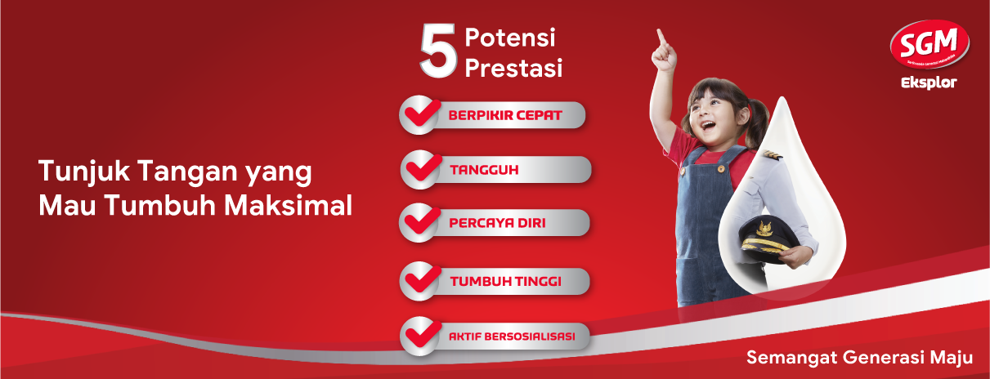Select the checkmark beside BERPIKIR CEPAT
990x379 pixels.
[421, 114]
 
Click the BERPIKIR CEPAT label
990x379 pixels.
[504, 115]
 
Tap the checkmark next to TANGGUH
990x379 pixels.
[422, 169]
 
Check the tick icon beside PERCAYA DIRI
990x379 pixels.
[421, 222]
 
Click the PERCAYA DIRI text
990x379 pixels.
[497, 222]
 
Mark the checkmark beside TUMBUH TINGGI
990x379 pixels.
[421, 280]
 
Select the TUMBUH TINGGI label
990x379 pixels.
[504, 281]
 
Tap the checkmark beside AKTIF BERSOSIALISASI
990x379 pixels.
[421, 335]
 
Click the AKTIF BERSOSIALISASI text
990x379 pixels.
[512, 336]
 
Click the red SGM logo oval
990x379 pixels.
[929, 45]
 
